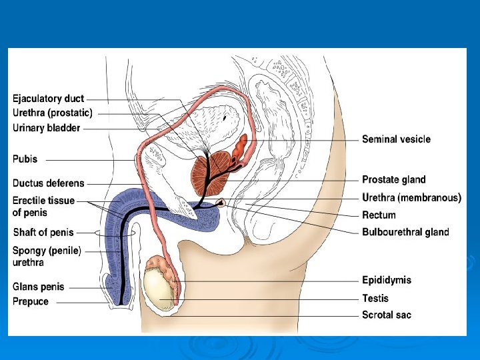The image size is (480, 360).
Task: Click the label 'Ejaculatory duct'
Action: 49,99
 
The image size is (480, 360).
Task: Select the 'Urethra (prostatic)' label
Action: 53,113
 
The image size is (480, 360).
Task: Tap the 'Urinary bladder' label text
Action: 47,127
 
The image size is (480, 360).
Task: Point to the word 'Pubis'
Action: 25,159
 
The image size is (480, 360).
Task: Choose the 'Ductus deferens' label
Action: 49,183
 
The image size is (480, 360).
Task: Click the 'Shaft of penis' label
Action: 43,232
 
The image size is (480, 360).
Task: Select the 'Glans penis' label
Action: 39,287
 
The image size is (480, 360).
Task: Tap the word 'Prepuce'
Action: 31,301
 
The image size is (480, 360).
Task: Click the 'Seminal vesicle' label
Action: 396,139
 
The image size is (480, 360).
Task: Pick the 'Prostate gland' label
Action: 393,179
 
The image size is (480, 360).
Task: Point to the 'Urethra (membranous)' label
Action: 411,197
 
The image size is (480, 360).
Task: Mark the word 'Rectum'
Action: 379,215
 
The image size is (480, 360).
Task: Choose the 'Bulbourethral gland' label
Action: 405,232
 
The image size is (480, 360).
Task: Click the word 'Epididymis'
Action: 387,280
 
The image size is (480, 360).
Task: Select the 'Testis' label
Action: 375,298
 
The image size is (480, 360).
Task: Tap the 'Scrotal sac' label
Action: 387,315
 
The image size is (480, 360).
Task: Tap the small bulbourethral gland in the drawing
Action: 221,202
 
